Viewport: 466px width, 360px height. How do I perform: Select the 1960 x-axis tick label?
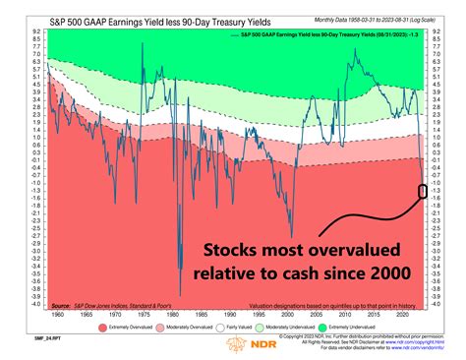[60, 314]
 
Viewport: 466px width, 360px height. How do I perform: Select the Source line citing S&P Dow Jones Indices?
[99, 305]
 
